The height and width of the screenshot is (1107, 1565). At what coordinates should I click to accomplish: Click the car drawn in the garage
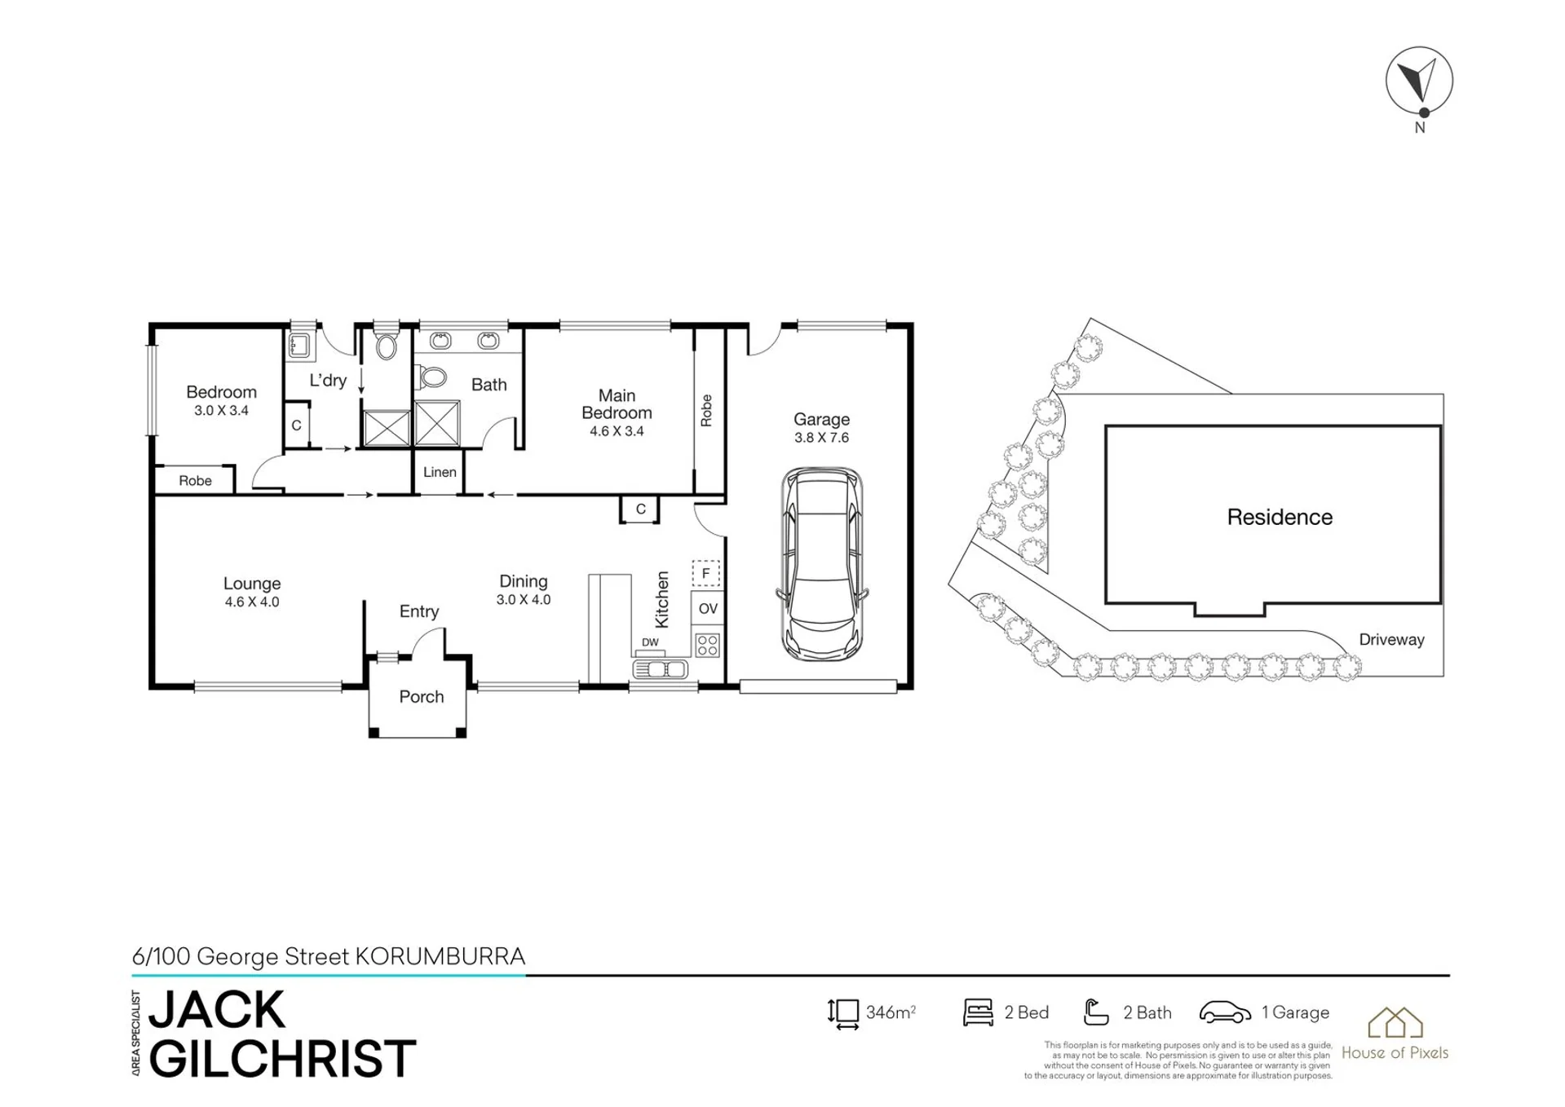coord(822,564)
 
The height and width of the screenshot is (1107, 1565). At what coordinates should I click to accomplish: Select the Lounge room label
coord(252,584)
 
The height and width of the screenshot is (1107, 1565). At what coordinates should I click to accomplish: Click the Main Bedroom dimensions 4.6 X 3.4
coord(617,431)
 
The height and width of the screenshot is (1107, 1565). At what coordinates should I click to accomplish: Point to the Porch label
coord(422,697)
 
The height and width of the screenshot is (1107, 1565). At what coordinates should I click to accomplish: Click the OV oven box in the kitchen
coord(708,608)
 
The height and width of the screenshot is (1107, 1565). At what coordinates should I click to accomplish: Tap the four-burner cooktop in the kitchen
coord(708,646)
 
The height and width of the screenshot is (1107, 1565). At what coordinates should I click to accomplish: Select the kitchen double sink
coord(661,669)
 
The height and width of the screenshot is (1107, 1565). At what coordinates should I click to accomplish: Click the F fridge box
coord(706,573)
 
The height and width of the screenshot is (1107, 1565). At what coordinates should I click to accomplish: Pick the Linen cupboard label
coord(440,472)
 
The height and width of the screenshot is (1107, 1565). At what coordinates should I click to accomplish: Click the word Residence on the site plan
coord(1280,517)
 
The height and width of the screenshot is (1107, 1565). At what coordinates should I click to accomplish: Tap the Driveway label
coord(1391,640)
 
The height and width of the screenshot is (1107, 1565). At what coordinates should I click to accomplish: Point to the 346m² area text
coord(891,1012)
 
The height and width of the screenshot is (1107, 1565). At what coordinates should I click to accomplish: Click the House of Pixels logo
coord(1395,1034)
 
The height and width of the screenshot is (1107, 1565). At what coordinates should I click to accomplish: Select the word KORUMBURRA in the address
coord(440,956)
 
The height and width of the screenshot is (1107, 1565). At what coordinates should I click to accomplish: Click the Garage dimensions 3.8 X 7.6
coord(821,438)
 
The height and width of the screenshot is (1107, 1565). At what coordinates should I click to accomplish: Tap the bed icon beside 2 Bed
coord(978,1012)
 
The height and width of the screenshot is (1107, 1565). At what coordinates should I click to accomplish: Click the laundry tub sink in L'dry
coord(299,346)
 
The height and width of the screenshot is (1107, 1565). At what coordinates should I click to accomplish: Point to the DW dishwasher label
coord(650,642)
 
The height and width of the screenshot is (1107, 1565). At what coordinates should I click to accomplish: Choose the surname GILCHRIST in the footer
coord(282,1058)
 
